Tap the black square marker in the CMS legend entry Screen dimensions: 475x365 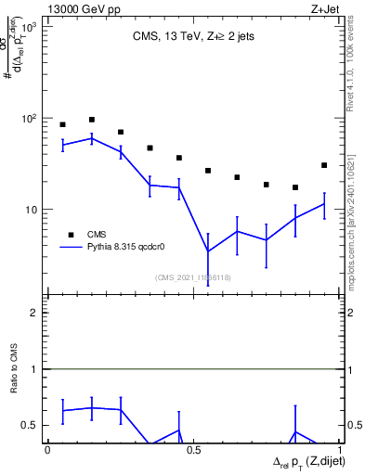[70, 235]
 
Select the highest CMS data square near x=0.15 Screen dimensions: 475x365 [92, 120]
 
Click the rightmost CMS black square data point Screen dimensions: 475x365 [324, 165]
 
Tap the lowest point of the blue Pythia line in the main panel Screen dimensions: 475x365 [208, 251]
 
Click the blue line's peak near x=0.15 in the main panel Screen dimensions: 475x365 [92, 138]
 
